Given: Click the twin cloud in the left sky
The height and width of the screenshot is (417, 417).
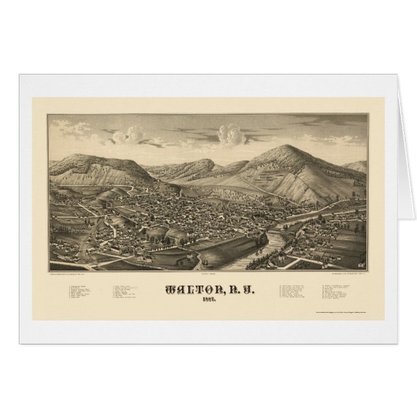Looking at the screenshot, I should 129,134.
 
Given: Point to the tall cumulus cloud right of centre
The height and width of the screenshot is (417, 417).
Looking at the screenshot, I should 231,135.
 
